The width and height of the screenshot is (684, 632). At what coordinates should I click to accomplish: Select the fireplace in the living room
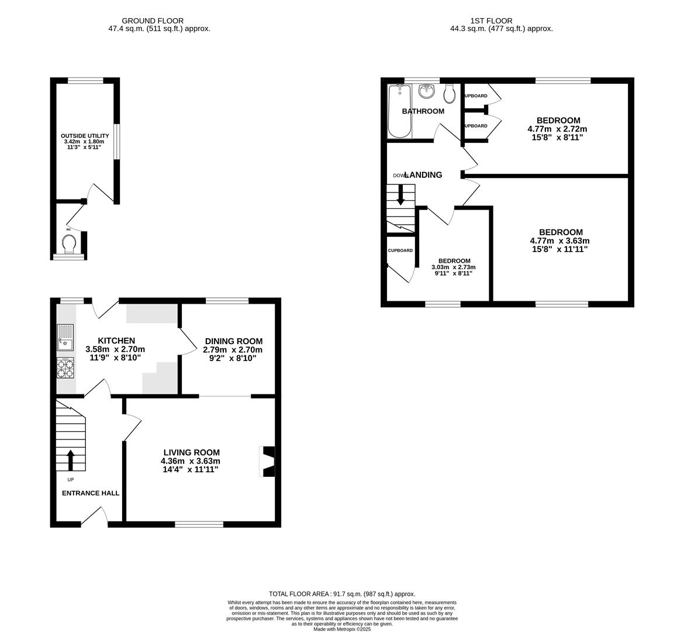coord(268,462)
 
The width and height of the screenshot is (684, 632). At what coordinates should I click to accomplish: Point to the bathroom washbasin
coord(427,91)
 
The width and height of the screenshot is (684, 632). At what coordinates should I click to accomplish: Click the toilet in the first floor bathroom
coord(450,92)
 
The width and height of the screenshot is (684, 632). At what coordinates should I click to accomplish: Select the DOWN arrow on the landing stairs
coord(400,195)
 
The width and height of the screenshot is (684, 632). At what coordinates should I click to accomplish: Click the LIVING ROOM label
coord(191,452)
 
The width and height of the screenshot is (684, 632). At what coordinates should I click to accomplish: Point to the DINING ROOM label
coord(233,341)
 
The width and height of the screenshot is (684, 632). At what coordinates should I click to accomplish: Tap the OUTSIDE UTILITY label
coord(85,136)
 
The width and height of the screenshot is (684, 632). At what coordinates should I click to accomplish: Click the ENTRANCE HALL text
coord(91,493)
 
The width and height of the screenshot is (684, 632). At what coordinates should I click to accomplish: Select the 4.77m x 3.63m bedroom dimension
coord(559,241)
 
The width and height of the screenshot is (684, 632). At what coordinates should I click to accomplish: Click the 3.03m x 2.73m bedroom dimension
coord(454,267)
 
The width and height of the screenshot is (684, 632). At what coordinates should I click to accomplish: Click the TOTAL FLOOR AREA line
coord(342,593)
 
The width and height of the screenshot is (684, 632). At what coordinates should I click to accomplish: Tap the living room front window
coord(199,524)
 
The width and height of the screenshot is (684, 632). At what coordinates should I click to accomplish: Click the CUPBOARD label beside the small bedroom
coord(400,250)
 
